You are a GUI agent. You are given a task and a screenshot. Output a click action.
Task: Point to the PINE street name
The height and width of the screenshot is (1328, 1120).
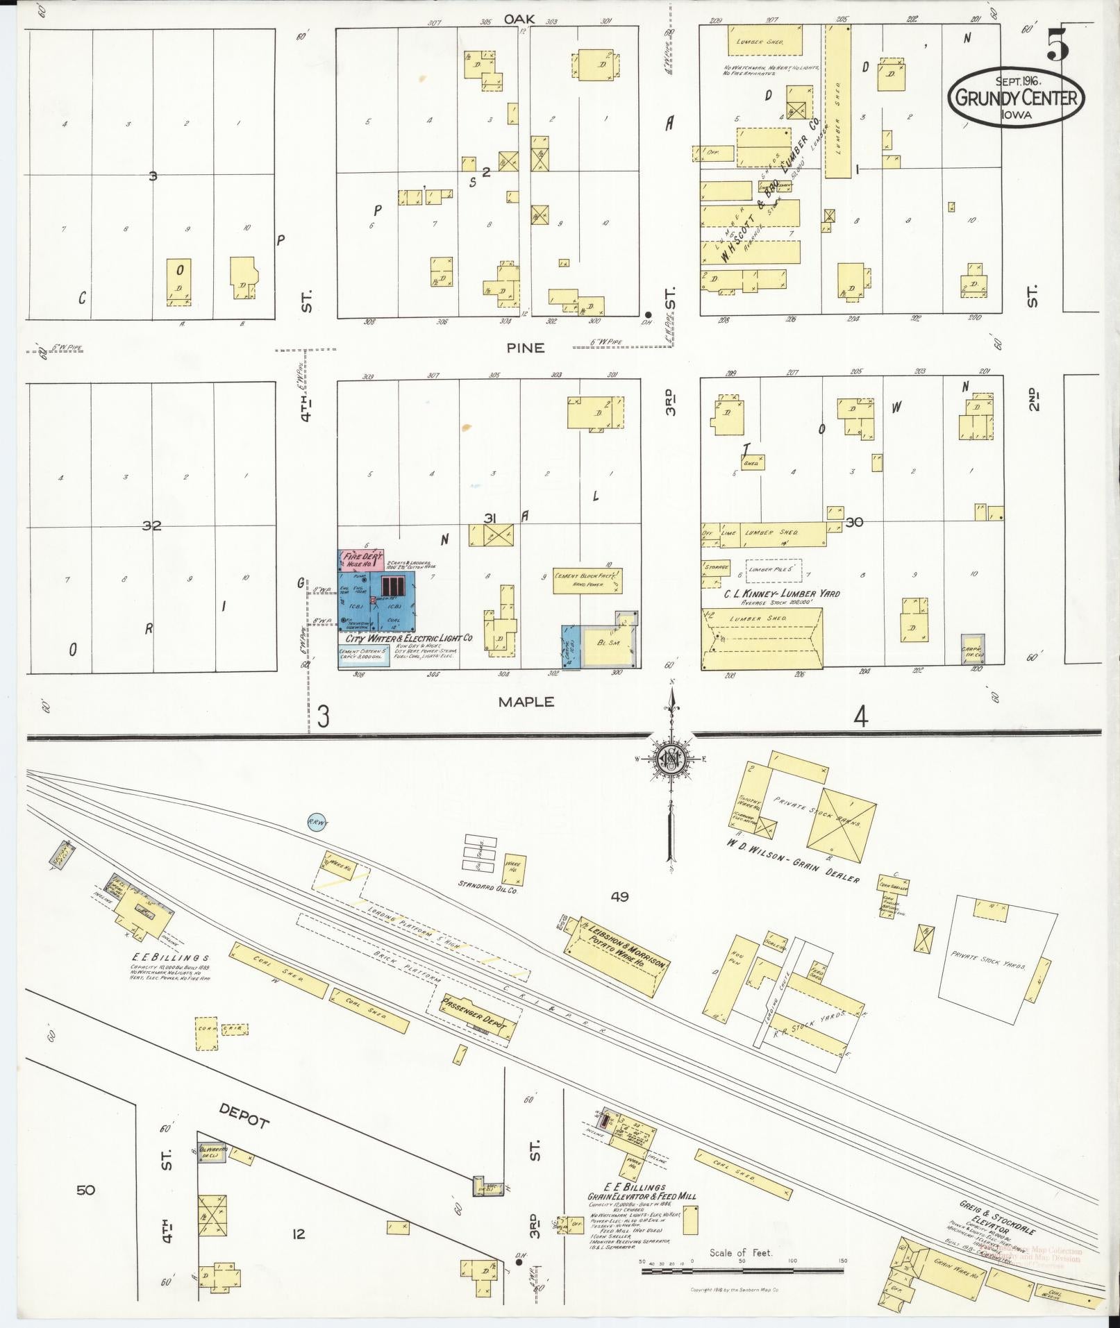point(525,348)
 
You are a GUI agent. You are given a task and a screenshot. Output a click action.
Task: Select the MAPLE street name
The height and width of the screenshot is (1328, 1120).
point(526,702)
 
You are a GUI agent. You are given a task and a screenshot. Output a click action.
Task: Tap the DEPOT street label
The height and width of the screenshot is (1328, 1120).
point(244,1117)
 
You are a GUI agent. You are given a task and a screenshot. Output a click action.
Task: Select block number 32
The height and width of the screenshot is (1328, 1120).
point(151,526)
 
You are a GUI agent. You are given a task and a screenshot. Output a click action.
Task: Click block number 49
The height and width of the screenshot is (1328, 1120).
point(619,896)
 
